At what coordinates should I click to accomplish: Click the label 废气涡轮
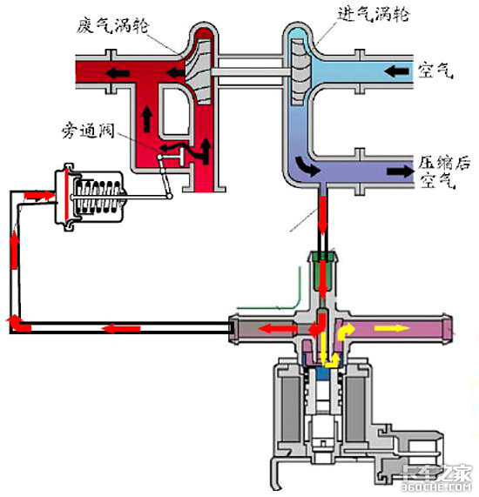(x=112, y=25)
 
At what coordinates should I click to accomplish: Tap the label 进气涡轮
(x=373, y=14)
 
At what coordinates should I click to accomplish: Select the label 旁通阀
(x=88, y=131)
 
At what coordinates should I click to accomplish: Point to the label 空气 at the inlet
(x=435, y=71)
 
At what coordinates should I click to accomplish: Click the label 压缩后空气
(x=443, y=171)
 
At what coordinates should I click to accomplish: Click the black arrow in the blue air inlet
(x=396, y=71)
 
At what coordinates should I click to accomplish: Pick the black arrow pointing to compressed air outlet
(x=400, y=171)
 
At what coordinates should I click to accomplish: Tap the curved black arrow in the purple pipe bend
(x=307, y=165)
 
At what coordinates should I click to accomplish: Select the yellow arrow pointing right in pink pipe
(x=392, y=328)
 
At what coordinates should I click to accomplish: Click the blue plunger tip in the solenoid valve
(x=327, y=373)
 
